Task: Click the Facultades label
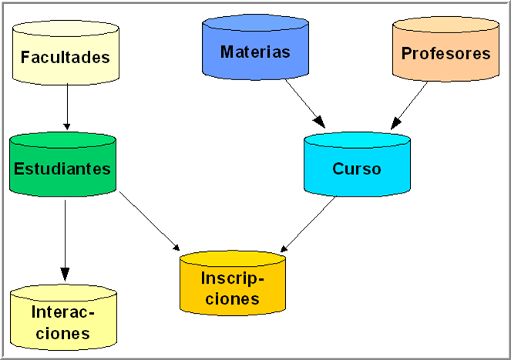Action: tap(66, 57)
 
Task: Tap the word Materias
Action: tap(255, 52)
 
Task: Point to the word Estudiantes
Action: tap(62, 169)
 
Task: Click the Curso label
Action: tap(357, 169)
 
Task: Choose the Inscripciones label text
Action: tap(232, 288)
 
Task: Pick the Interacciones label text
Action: tap(63, 323)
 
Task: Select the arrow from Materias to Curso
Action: tap(305, 103)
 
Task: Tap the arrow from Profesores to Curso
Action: tap(410, 103)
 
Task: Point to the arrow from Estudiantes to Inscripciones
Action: tap(148, 220)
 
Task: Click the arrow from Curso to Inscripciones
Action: tap(308, 224)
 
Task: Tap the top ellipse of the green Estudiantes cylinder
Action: tap(62, 142)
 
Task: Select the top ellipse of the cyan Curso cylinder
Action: tap(357, 141)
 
